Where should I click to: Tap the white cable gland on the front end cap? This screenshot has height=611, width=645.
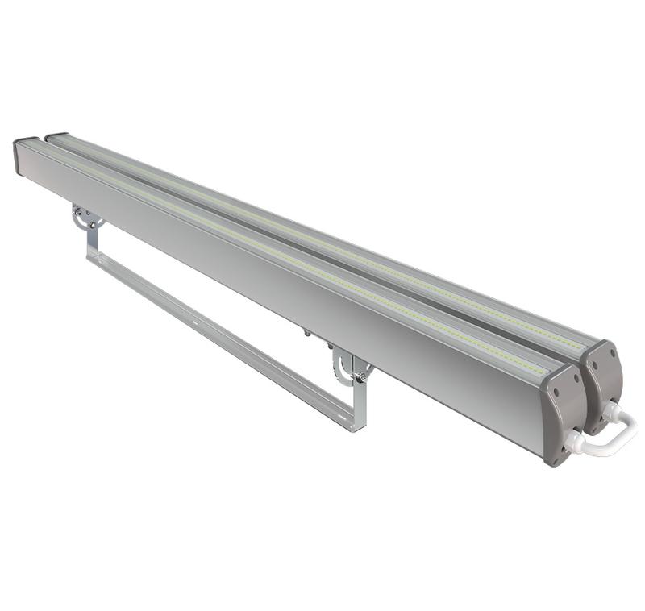point(573,443)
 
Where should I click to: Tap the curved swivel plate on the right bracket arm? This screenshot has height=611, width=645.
point(343,367)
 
